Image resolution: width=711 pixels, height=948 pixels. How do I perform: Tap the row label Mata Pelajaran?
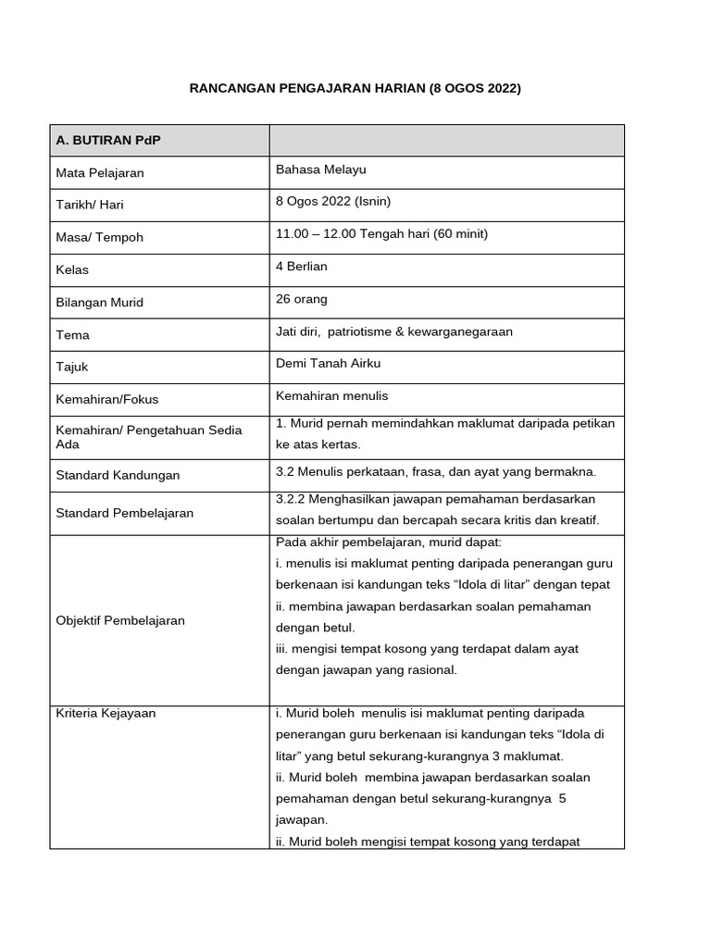click(100, 172)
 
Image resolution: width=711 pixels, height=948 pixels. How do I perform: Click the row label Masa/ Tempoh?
click(99, 237)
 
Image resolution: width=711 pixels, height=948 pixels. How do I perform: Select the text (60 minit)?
click(453, 233)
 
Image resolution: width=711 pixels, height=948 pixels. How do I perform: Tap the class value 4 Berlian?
click(302, 266)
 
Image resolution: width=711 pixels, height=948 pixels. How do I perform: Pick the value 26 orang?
click(302, 299)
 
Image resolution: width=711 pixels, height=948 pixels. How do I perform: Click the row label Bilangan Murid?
click(100, 302)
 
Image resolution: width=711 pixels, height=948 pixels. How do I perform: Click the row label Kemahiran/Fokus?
click(107, 399)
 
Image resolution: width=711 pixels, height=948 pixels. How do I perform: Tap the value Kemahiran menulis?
click(331, 395)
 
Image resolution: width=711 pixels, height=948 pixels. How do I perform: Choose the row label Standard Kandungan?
click(118, 475)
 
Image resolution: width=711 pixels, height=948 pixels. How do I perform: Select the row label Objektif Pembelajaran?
click(120, 620)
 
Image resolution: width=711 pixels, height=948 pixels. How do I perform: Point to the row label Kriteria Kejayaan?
click(106, 714)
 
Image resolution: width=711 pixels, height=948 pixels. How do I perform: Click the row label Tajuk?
click(72, 367)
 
